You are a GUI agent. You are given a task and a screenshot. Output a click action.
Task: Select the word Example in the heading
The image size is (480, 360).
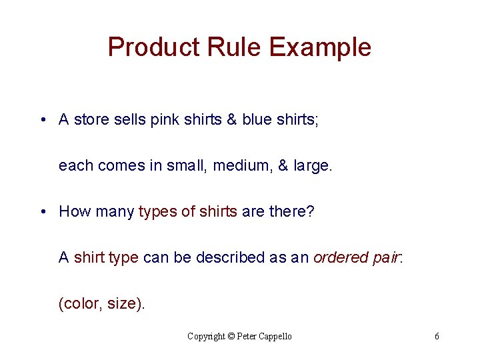point(320,48)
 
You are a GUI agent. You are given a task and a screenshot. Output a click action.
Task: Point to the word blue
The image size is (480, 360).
point(257,120)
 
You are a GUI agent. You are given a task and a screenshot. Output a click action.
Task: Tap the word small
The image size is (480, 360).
point(187,166)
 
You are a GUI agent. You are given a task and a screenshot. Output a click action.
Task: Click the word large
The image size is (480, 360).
point(311,166)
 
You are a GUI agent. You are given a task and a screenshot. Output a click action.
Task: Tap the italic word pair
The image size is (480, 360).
point(385,258)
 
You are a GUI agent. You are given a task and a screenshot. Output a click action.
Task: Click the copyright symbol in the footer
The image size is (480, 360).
point(231,337)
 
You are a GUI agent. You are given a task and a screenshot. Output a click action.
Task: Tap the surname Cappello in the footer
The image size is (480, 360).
point(272,337)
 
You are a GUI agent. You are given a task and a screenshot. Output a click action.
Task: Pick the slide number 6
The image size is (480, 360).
point(437,337)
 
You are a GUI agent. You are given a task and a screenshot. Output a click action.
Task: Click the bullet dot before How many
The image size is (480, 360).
point(43,212)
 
